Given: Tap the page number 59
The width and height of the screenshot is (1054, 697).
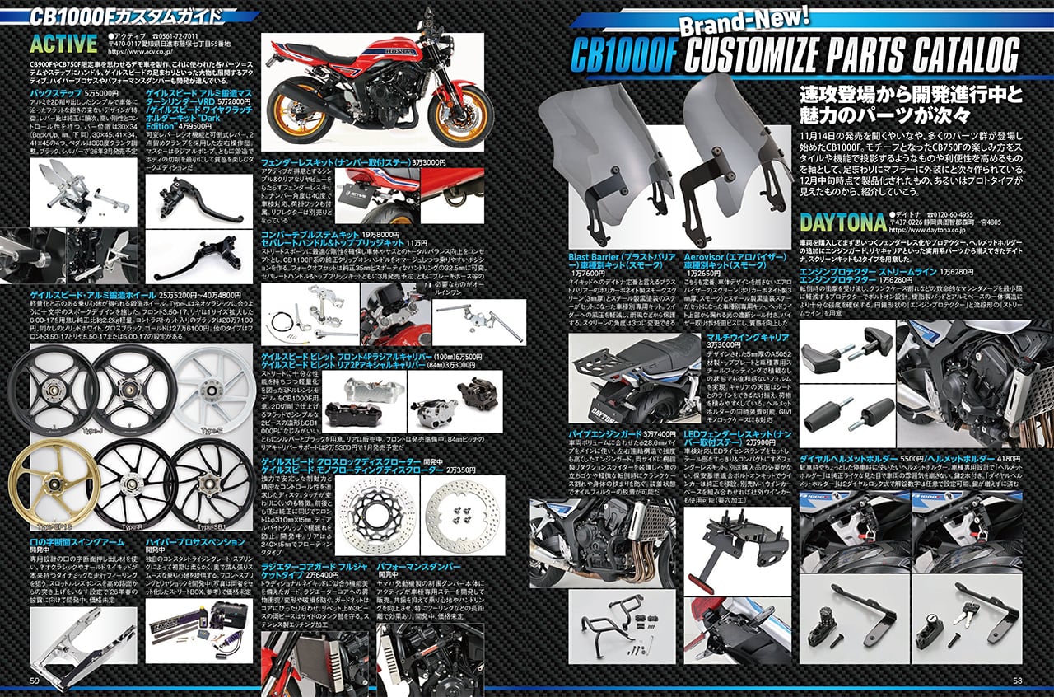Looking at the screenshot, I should (34, 680).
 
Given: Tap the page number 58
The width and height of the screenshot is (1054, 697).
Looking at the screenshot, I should (1018, 680).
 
